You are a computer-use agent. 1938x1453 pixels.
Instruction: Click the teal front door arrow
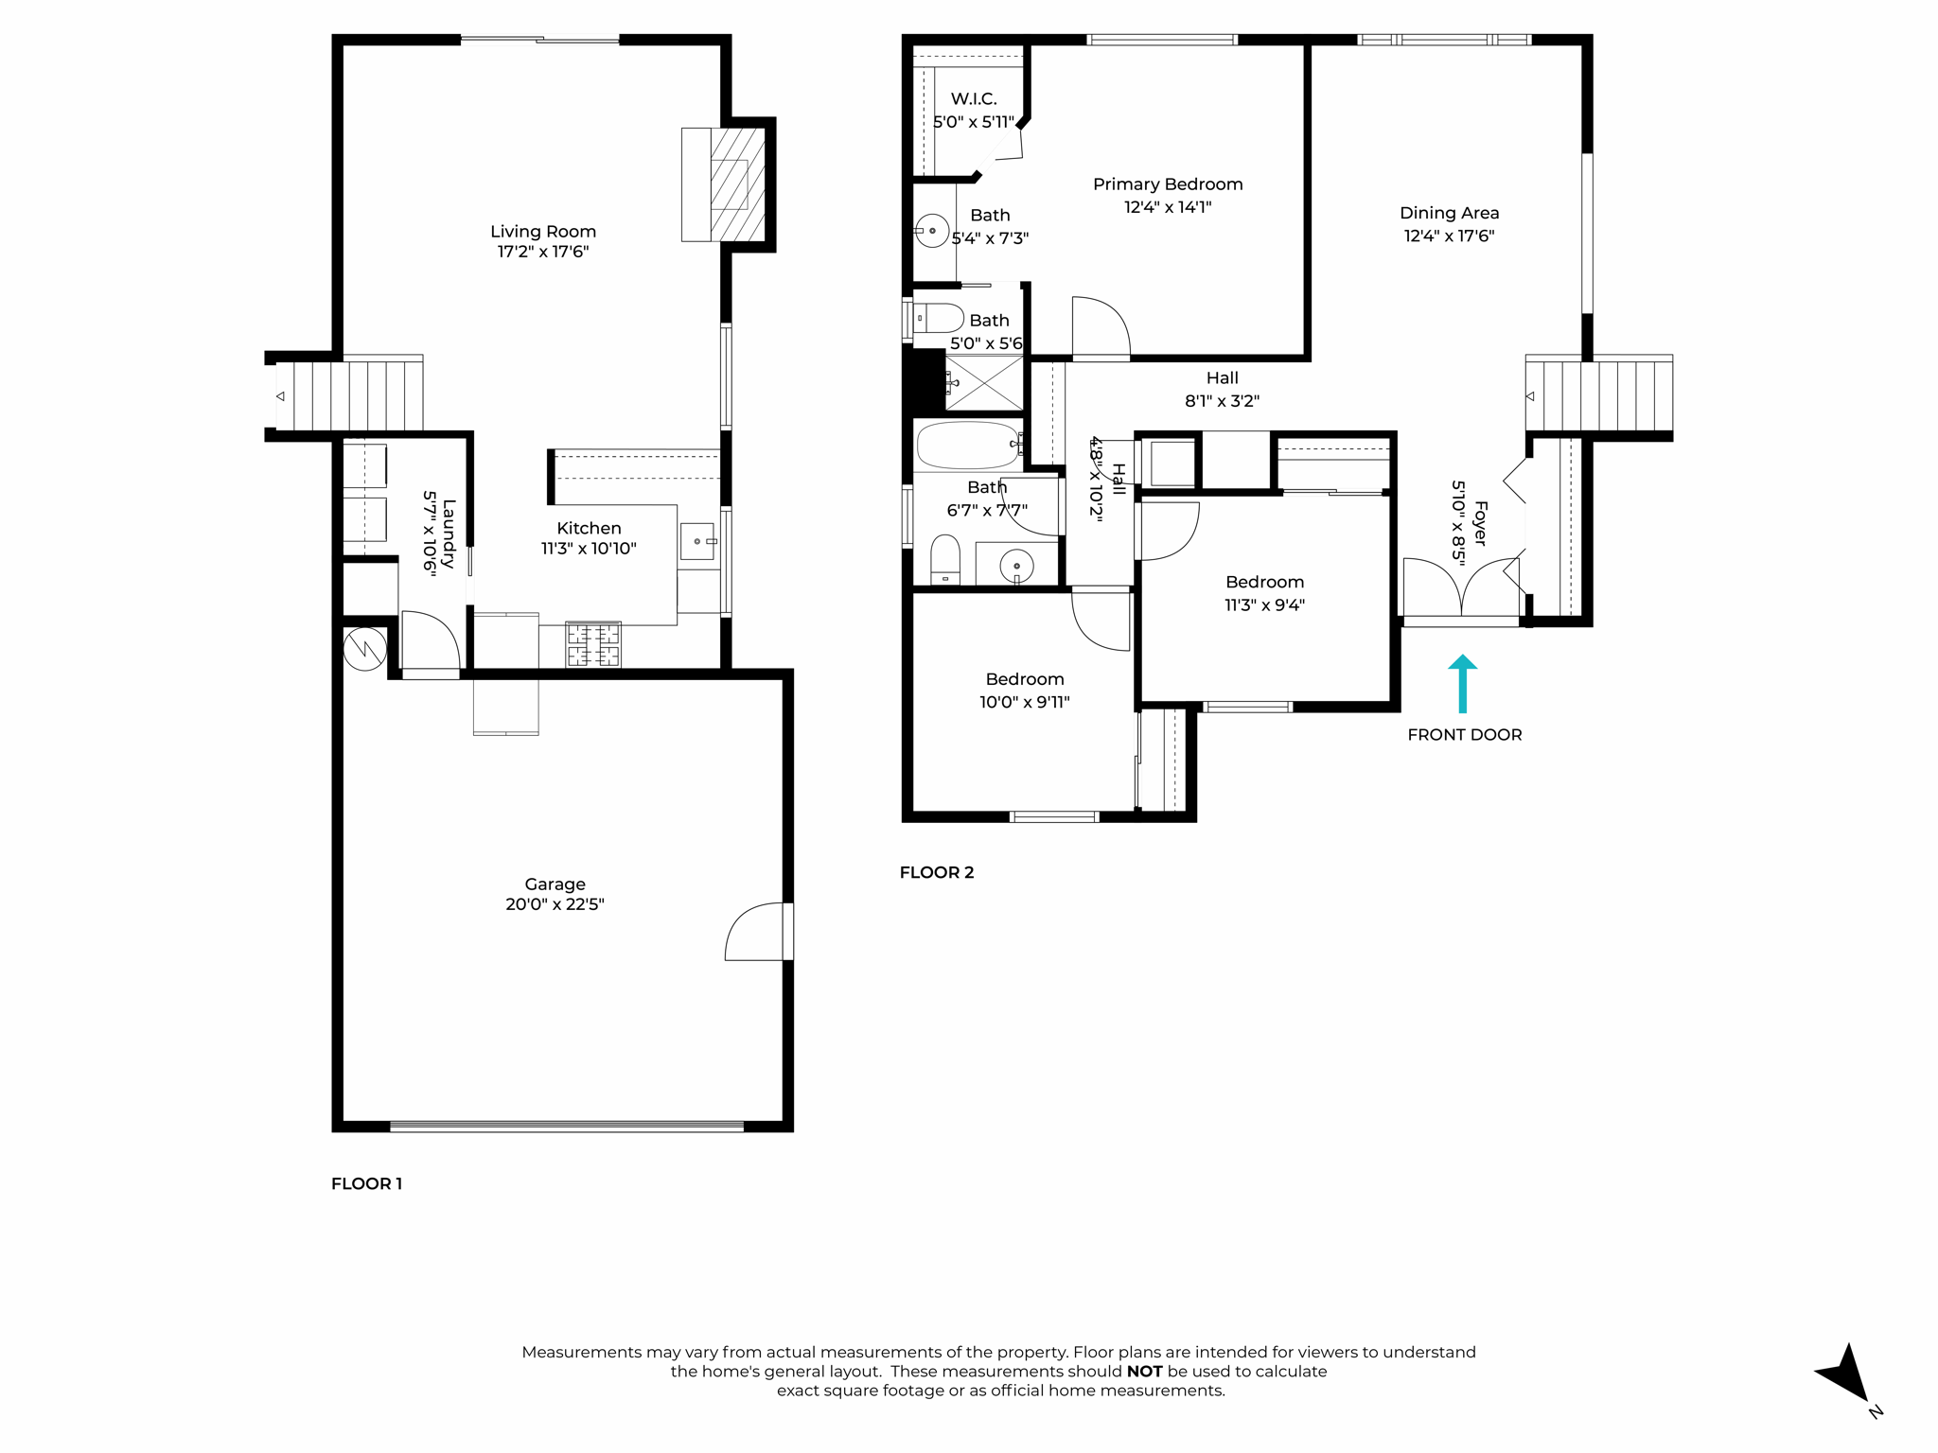pyautogui.click(x=1462, y=683)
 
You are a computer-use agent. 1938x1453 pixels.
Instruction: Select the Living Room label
pyautogui.click(x=542, y=232)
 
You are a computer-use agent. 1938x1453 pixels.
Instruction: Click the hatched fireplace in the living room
pyautogui.click(x=736, y=184)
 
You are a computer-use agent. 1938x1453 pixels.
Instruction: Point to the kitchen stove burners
pyautogui.click(x=593, y=645)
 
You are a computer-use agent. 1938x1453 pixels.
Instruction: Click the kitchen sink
pyautogui.click(x=698, y=542)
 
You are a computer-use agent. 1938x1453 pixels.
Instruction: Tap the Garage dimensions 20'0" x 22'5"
pyautogui.click(x=555, y=904)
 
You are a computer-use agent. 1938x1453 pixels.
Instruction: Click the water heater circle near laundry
pyautogui.click(x=364, y=649)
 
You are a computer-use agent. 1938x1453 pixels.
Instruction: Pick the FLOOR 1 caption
pyautogui.click(x=366, y=1183)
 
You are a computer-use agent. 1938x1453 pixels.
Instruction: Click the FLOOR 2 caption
pyautogui.click(x=936, y=872)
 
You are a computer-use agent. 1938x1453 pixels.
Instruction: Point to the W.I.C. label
pyautogui.click(x=973, y=98)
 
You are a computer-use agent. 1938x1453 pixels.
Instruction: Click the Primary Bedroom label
pyautogui.click(x=1167, y=184)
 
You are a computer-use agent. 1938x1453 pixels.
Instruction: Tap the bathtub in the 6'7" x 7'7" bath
pyautogui.click(x=967, y=446)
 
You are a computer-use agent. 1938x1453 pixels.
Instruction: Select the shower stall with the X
pyautogui.click(x=983, y=383)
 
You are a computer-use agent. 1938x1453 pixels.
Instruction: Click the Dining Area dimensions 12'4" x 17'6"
pyautogui.click(x=1449, y=236)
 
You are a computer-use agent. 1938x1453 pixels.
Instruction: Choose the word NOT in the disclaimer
pyautogui.click(x=1143, y=1372)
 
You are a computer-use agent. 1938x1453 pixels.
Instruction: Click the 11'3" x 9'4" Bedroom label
pyautogui.click(x=1264, y=582)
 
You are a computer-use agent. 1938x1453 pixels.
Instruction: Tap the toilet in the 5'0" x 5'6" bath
pyautogui.click(x=937, y=318)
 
